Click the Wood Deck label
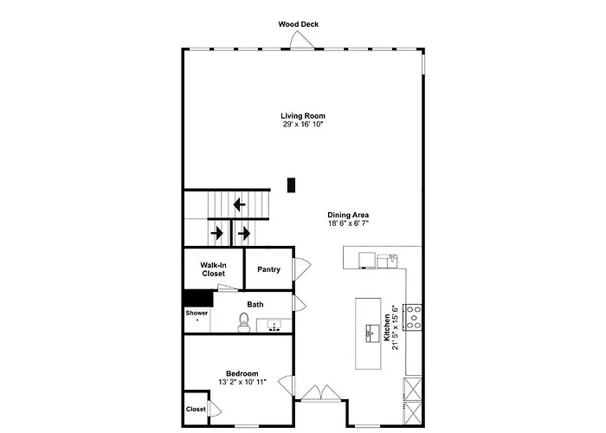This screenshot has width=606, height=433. pos(299,24)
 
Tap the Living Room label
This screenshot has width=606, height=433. pos(303,115)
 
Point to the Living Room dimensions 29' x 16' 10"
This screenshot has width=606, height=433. pos(303,125)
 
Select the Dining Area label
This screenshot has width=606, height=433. pos(348,215)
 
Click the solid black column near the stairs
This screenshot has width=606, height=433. pos(291,184)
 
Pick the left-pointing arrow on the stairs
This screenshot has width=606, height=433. pos(239,204)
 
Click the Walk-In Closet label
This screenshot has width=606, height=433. pos(213,269)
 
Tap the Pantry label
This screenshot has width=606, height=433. pos(268,269)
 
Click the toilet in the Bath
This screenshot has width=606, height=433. pos(243,322)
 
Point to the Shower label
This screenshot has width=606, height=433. pos(197,313)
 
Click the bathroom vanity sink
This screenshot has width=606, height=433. pos(274,326)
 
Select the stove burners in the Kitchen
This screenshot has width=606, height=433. pos(413,318)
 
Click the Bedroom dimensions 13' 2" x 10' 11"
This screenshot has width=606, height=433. pos(242,383)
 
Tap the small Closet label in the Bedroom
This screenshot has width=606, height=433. pos(196,409)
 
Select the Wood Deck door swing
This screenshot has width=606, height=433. pos(302,40)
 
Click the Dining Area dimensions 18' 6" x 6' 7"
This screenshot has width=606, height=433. pos(348,223)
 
